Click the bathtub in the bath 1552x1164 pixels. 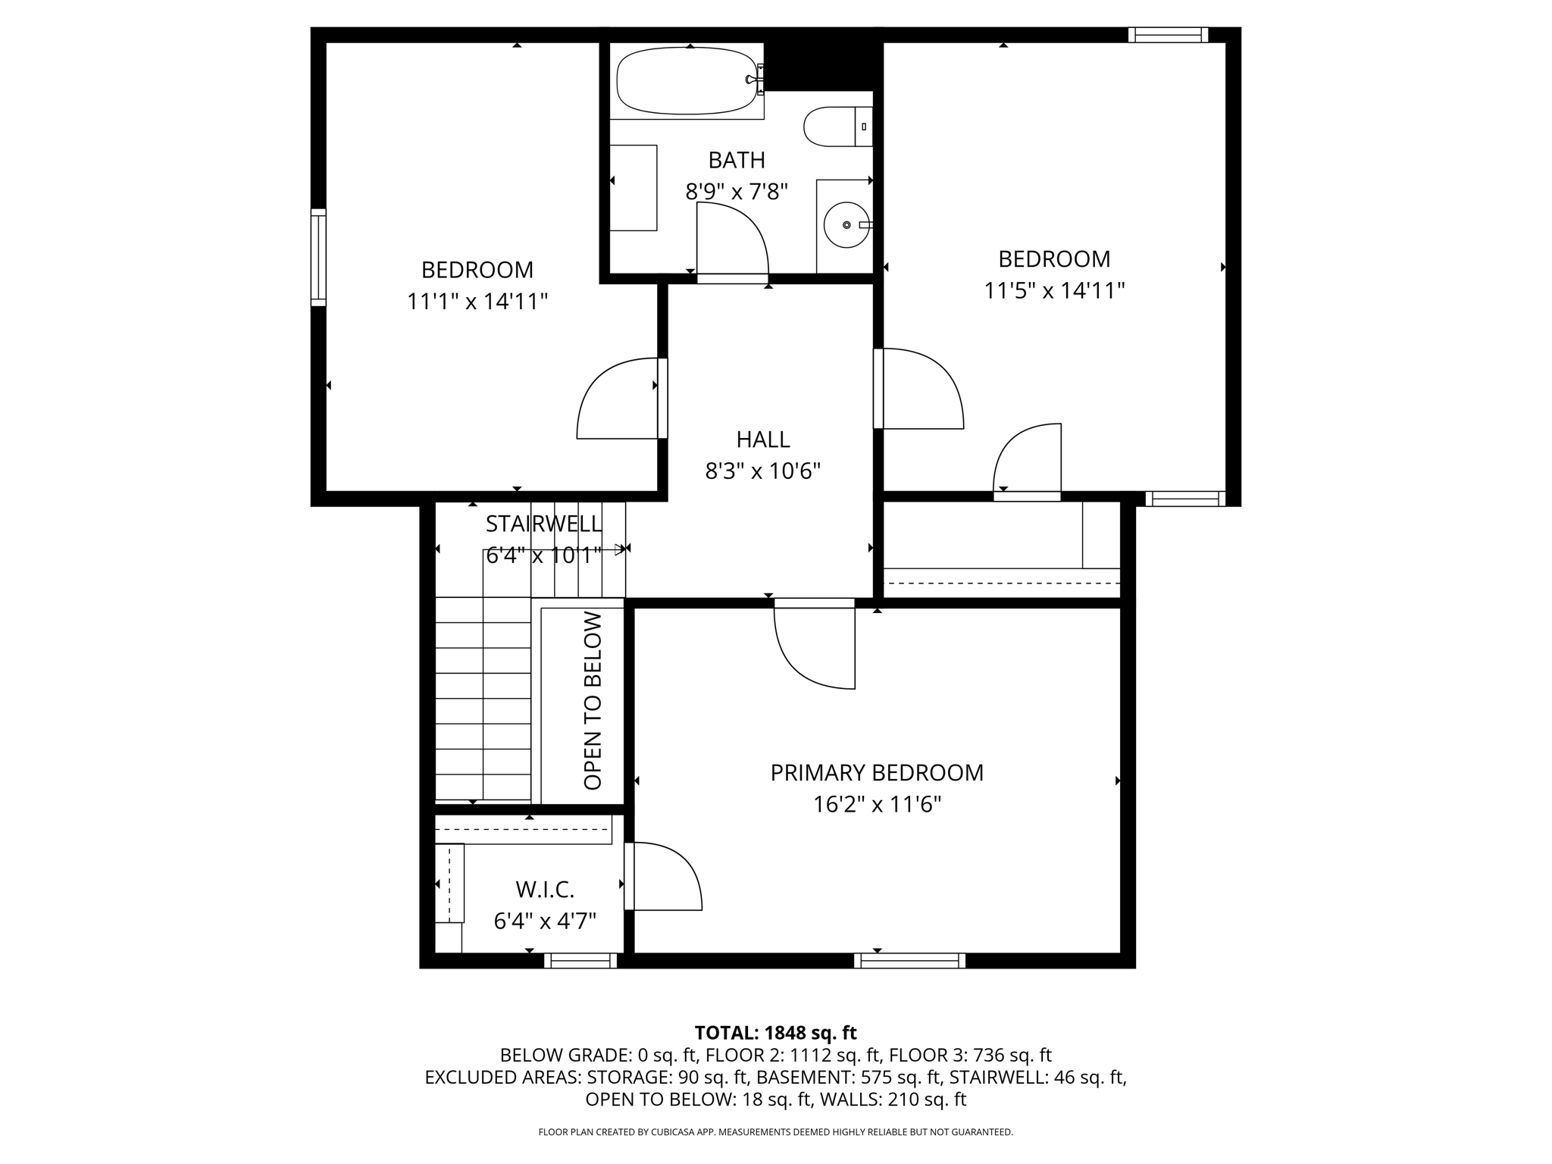point(686,81)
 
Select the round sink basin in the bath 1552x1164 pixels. point(846,225)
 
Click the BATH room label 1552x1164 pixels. point(736,161)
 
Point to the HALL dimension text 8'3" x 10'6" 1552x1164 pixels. point(762,471)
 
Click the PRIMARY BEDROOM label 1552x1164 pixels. point(877,773)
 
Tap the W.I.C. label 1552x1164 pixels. point(544,889)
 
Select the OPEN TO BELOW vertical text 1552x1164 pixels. point(593,700)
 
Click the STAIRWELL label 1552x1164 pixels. point(543,524)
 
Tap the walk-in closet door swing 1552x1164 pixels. point(665,876)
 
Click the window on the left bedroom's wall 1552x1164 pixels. point(318,258)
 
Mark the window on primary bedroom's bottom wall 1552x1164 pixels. point(909,960)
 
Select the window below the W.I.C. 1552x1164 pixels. point(580,960)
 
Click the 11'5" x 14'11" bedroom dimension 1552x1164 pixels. point(1053,291)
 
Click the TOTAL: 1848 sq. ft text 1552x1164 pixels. point(775,1033)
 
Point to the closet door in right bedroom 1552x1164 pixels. point(1027,459)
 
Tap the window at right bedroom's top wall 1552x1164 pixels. point(1167,34)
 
